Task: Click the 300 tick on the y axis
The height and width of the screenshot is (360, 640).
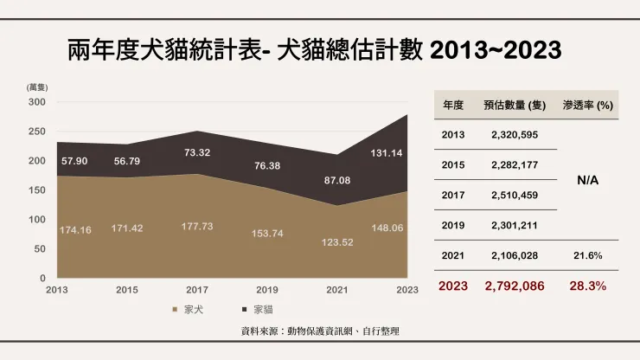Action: tap(36, 102)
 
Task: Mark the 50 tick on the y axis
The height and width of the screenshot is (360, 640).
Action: tap(39, 248)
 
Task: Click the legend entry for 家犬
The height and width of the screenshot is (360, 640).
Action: tap(189, 309)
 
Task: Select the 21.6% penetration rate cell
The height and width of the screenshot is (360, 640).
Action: tap(588, 255)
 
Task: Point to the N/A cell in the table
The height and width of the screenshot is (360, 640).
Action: tap(588, 180)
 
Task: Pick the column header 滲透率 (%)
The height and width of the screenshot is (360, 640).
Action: tap(588, 105)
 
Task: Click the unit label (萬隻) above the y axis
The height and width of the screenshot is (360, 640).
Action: tap(36, 87)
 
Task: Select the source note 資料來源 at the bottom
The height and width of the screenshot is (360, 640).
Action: tap(320, 331)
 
